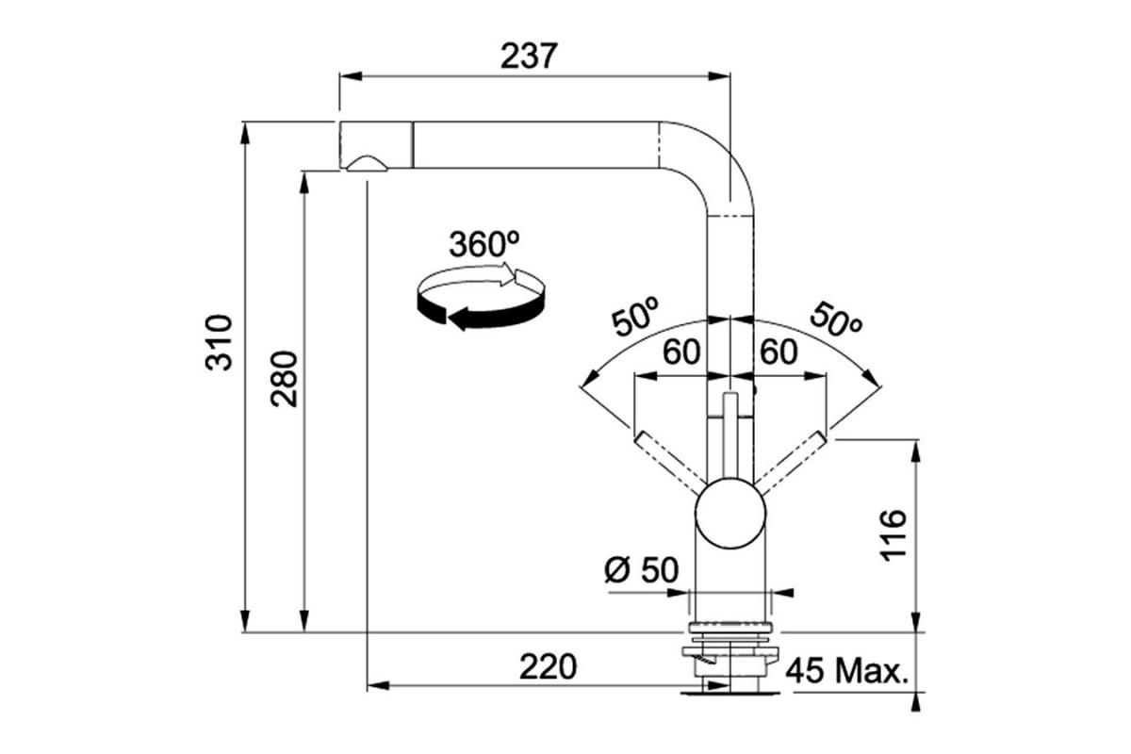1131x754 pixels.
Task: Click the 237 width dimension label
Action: click(529, 56)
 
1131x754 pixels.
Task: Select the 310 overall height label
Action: click(220, 342)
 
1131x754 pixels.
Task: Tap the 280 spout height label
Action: click(284, 379)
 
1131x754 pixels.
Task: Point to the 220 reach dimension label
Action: click(548, 666)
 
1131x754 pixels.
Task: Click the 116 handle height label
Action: click(893, 535)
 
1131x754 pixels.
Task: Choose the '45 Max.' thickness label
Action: click(847, 671)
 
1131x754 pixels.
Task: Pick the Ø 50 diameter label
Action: click(642, 570)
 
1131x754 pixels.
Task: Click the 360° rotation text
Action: click(484, 244)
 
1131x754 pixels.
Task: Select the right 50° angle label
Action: click(836, 320)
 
